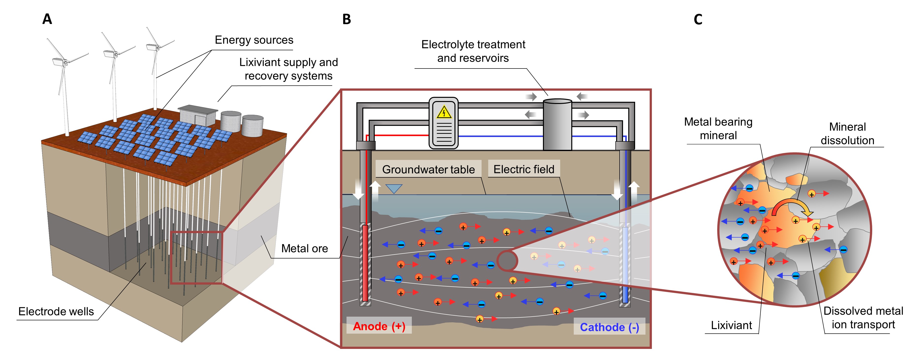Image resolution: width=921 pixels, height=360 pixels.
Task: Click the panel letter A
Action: click(x=47, y=19)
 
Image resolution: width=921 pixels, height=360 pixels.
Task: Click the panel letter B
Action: click(x=347, y=19)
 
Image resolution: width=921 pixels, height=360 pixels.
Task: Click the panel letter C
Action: click(x=698, y=19)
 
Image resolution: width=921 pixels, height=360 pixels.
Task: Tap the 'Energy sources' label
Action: click(x=254, y=40)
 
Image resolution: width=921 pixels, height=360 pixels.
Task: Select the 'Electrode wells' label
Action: click(x=56, y=311)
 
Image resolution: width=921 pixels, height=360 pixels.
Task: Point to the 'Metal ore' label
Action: click(x=305, y=248)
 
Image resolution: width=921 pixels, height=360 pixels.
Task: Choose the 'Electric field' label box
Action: click(x=524, y=169)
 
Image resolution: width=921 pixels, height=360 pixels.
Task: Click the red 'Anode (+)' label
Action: click(x=379, y=326)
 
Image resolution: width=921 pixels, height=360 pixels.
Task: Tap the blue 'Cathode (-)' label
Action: click(x=609, y=327)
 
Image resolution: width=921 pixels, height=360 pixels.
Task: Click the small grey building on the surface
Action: click(x=198, y=115)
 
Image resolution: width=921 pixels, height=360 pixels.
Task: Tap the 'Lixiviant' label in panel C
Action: click(x=731, y=325)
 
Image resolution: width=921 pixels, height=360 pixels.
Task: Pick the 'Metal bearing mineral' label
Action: click(x=718, y=129)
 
